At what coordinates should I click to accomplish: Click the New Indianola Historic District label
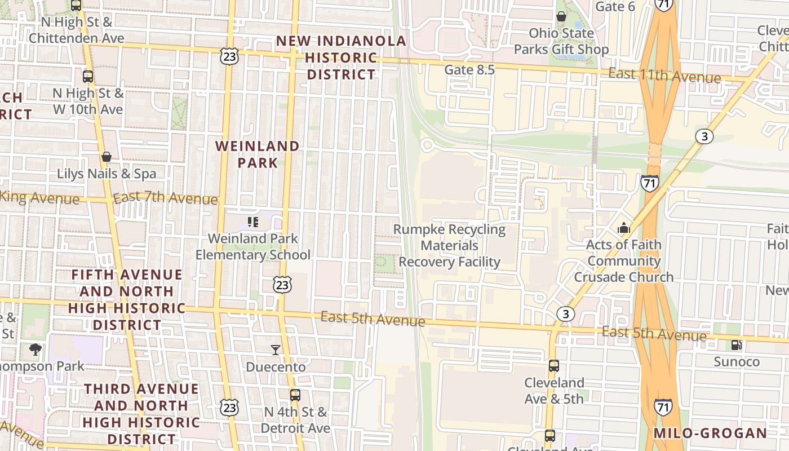[x=341, y=58]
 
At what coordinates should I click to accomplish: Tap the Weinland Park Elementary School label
[x=253, y=246]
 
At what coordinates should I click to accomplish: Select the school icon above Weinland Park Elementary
[x=253, y=222]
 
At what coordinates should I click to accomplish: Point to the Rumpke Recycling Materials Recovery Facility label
[x=450, y=246]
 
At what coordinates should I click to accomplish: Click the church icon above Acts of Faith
[x=624, y=228]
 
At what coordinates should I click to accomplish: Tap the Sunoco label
[x=737, y=361]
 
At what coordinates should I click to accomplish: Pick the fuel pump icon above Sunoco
[x=736, y=345]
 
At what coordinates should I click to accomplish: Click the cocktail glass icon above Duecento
[x=276, y=350]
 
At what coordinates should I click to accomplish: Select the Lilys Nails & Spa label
[x=107, y=174]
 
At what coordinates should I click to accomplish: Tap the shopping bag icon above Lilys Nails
[x=107, y=156]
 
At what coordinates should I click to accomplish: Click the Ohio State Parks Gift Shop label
[x=561, y=41]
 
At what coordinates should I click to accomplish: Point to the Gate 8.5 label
[x=469, y=70]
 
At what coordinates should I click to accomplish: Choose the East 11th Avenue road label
[x=664, y=76]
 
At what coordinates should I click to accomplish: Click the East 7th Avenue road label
[x=165, y=198]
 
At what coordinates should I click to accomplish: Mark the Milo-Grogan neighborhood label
[x=710, y=434]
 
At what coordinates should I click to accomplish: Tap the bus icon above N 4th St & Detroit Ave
[x=295, y=395]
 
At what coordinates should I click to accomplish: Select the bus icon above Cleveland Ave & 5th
[x=554, y=366]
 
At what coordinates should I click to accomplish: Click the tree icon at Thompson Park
[x=36, y=350]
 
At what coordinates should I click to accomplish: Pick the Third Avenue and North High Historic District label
[x=141, y=414]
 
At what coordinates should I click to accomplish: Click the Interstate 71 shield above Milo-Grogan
[x=663, y=406]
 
